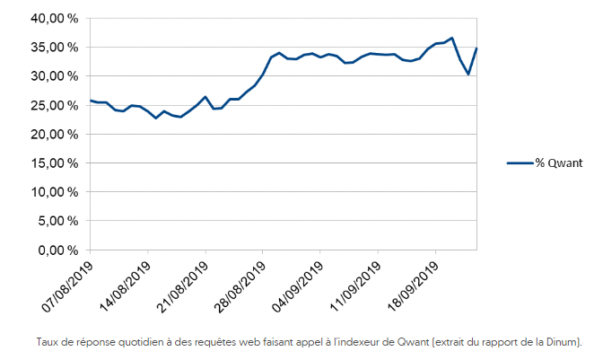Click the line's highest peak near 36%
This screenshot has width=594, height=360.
[x=451, y=39]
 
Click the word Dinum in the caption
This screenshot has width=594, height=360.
[x=565, y=342]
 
